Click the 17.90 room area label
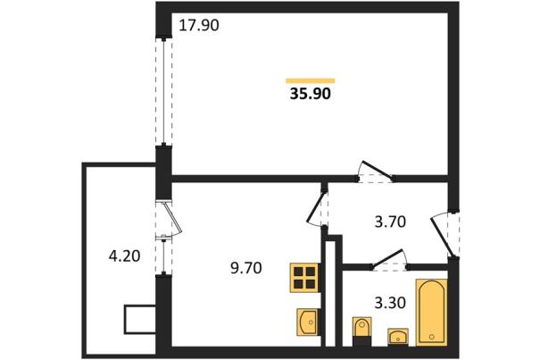(199, 26)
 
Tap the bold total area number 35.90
(311, 94)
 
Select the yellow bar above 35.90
(311, 81)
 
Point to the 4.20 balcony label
(124, 256)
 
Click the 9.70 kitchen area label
(245, 268)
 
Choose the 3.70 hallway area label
(390, 222)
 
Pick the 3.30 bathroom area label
(390, 303)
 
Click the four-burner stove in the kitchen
(304, 278)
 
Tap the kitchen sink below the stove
(308, 322)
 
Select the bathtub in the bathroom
(432, 313)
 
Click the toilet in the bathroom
(362, 331)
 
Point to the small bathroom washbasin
(398, 336)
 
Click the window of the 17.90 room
(163, 91)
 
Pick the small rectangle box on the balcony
(140, 319)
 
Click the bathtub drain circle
(432, 336)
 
